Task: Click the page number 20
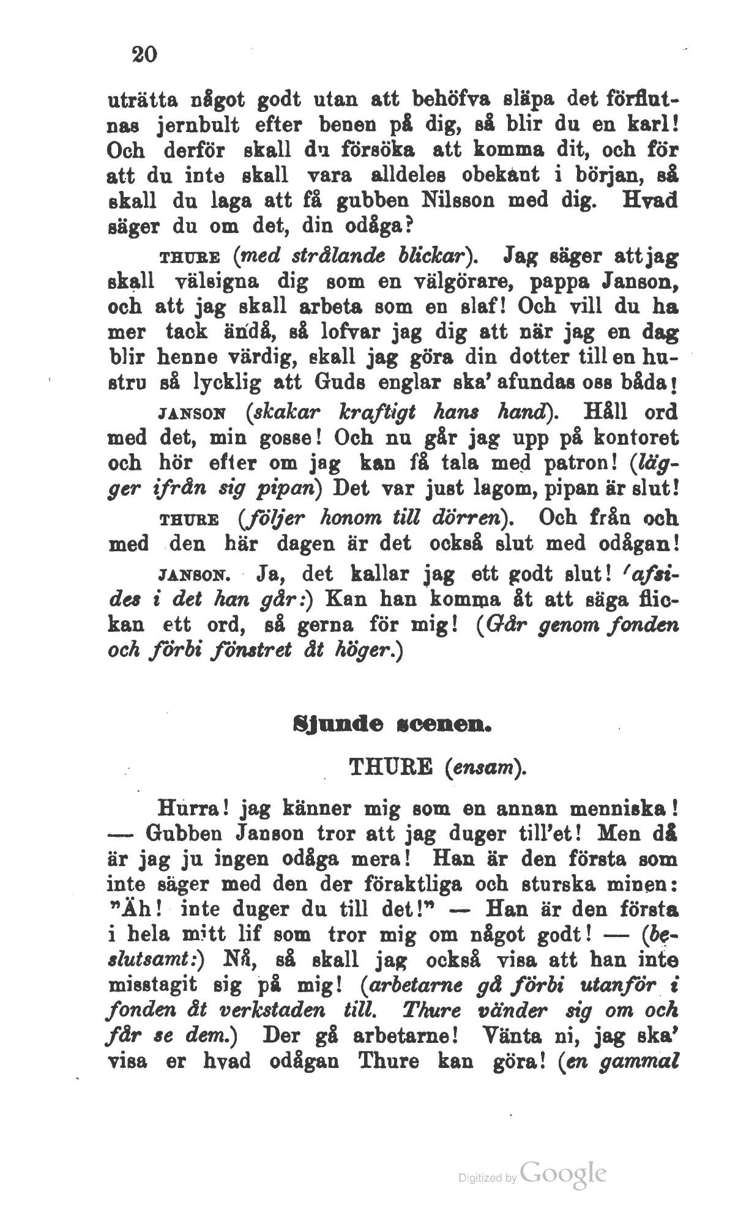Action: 144,54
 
